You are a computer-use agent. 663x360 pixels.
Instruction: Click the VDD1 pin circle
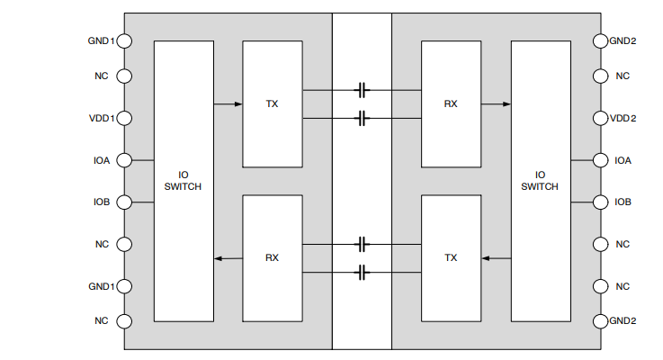[x=124, y=118]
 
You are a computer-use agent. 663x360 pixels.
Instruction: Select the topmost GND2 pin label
[x=623, y=40]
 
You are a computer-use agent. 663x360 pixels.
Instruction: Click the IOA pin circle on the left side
[x=124, y=160]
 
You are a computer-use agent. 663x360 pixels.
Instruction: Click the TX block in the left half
[x=272, y=103]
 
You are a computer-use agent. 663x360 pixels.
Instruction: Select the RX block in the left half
[x=272, y=257]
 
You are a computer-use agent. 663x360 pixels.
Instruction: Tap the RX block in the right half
[x=451, y=103]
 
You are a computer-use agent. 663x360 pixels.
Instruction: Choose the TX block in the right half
[x=451, y=257]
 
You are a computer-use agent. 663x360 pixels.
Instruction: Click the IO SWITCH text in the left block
[x=184, y=181]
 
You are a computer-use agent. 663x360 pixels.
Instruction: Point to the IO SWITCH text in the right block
[x=540, y=181]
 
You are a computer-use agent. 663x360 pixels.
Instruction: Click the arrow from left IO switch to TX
[x=228, y=104]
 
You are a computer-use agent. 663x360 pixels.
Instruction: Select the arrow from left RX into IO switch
[x=228, y=258]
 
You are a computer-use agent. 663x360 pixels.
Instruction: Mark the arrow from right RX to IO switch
[x=496, y=104]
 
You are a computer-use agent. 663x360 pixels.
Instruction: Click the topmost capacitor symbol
[x=363, y=90]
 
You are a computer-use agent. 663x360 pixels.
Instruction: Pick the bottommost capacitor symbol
[x=363, y=272]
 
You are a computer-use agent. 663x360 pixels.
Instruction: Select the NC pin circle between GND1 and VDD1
[x=124, y=76]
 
